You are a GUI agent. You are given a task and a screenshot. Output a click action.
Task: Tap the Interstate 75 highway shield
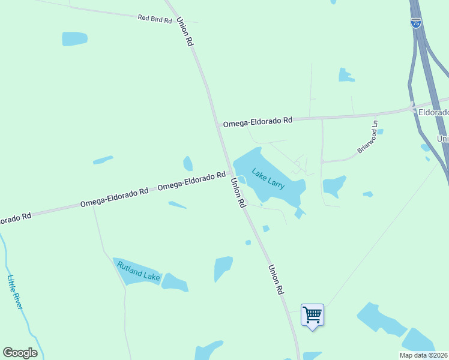(x=416, y=23)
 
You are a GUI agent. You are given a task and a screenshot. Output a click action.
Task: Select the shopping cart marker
(x=312, y=314)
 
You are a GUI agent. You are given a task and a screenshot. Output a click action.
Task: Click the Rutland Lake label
(x=139, y=271)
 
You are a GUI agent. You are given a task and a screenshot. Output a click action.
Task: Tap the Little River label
(x=15, y=292)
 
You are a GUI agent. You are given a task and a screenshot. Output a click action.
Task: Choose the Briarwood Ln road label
(x=367, y=137)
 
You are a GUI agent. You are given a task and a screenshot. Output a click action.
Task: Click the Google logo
(x=20, y=353)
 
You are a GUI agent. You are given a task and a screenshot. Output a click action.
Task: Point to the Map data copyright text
(x=424, y=355)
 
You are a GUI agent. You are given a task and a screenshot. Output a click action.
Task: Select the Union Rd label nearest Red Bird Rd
(x=185, y=32)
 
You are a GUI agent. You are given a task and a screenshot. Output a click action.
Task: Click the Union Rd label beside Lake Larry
(x=238, y=194)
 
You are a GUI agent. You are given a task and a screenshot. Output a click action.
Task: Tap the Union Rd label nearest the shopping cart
(x=276, y=280)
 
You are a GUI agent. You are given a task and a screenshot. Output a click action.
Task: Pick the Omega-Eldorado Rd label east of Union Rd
(x=258, y=122)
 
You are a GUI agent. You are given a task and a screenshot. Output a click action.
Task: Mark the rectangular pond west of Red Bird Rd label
(x=74, y=39)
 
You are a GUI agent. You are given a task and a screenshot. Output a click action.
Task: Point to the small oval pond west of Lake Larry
(x=188, y=164)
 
